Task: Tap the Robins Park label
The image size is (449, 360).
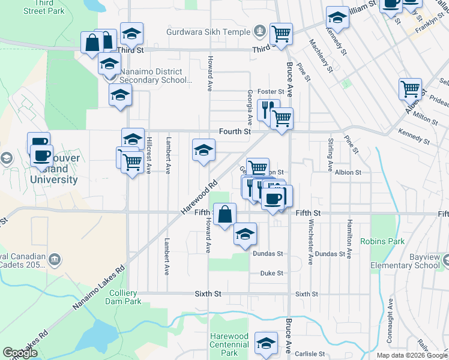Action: (382, 241)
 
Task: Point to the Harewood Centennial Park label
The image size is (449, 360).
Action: (229, 344)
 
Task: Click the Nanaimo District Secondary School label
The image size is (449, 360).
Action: (155, 76)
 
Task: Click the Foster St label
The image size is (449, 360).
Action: (270, 91)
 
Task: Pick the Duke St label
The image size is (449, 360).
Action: (271, 274)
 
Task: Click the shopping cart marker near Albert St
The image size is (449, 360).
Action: (410, 89)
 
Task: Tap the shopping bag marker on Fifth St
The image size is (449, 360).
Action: (224, 214)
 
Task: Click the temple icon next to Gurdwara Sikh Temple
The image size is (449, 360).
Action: (260, 29)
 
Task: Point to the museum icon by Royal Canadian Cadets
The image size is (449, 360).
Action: (54, 259)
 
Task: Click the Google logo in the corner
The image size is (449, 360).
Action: (20, 353)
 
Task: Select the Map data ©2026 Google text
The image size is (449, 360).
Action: (411, 355)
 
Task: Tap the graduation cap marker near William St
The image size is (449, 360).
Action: (337, 19)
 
